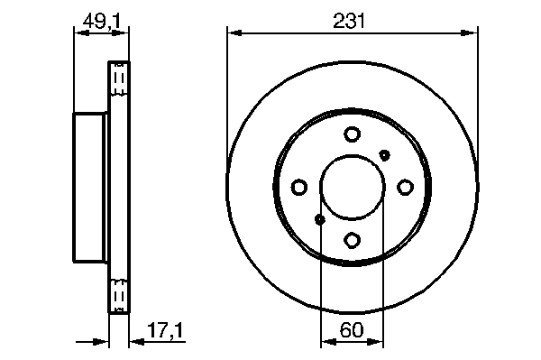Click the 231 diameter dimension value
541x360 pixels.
349,21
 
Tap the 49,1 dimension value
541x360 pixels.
101,22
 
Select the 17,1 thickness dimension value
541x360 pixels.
165,330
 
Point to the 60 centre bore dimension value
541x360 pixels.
352,330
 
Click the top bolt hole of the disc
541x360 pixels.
353,134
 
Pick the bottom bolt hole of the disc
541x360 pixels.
353,240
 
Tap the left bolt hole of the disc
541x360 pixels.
299,187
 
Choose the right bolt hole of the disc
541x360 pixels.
405,187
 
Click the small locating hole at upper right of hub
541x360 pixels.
384,155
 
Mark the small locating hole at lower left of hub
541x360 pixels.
320,219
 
